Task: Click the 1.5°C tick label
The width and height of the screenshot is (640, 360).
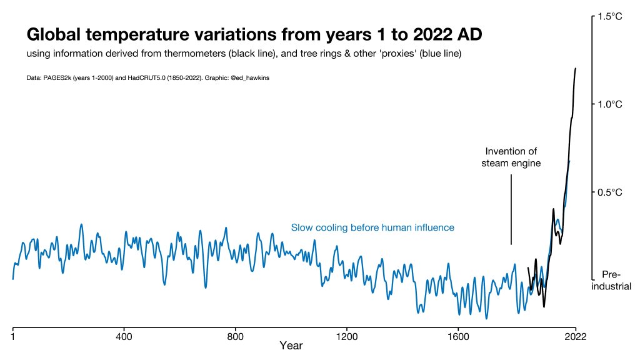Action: (610, 17)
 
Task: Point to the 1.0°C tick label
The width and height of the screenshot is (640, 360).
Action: (610, 104)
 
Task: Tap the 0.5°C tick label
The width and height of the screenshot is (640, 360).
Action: (610, 192)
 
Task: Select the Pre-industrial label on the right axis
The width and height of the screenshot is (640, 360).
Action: (611, 280)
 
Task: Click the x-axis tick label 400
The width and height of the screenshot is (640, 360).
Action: (124, 337)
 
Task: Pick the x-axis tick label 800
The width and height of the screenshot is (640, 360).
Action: (235, 337)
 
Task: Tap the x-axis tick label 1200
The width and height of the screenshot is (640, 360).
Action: (346, 337)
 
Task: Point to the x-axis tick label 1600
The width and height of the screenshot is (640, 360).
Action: (458, 337)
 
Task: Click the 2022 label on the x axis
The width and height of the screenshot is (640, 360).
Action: (576, 337)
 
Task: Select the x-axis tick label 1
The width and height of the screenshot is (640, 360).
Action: (13, 337)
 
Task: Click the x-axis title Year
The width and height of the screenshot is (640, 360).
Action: (291, 346)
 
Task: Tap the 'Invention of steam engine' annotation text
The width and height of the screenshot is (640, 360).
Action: (511, 157)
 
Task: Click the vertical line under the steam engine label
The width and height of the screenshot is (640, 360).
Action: (511, 209)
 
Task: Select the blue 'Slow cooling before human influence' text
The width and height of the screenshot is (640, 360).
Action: (372, 227)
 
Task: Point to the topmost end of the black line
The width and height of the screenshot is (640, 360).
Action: (576, 69)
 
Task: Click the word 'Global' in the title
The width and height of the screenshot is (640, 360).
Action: (54, 35)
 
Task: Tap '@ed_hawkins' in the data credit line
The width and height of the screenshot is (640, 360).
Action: (250, 78)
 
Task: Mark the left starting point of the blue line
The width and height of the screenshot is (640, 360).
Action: (13, 279)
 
